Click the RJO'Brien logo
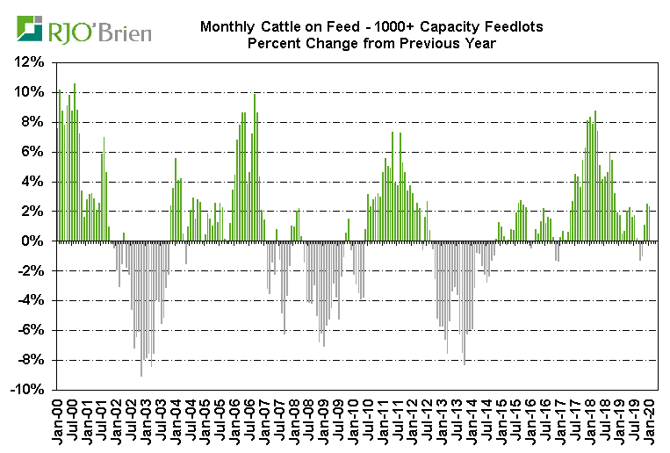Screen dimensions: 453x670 tap(83, 32)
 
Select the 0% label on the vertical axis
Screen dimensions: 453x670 tap(33, 241)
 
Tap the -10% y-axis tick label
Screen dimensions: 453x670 tap(27, 390)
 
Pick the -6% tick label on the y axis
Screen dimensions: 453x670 tap(30, 330)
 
